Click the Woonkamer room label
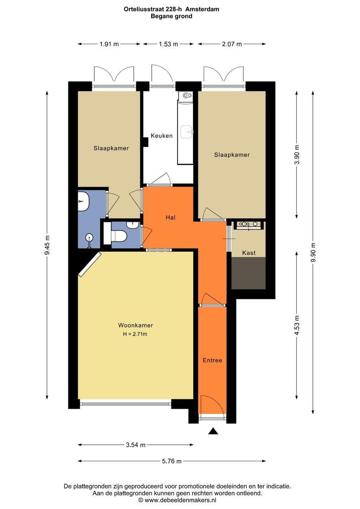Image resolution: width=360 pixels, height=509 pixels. pos(135,325)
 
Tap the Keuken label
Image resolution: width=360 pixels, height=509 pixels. pos(161,136)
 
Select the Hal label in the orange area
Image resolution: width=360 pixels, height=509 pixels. pos(171,217)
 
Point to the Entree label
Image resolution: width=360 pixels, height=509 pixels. pos(213,361)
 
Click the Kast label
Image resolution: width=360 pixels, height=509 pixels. pos(249,253)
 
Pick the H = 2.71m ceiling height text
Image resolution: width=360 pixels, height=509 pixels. pos(135,334)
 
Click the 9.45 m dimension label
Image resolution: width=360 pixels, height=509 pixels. pos(48,245)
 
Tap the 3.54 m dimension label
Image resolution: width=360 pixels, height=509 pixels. pos(136,445)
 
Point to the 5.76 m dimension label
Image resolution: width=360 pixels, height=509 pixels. pos(172,461)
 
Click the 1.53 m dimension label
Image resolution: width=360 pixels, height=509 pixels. pos(169,44)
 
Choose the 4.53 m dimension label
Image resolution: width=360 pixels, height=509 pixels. pos(297,325)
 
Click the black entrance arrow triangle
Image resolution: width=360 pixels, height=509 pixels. pos(213,431)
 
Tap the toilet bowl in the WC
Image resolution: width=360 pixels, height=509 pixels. pos(118,236)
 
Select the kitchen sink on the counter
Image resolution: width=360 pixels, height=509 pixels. pos(187,131)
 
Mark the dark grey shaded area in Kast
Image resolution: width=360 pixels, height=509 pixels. pos(248,273)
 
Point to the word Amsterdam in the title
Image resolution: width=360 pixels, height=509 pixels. pos(202,9)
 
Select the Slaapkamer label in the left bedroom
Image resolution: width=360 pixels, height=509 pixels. pos(111,148)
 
